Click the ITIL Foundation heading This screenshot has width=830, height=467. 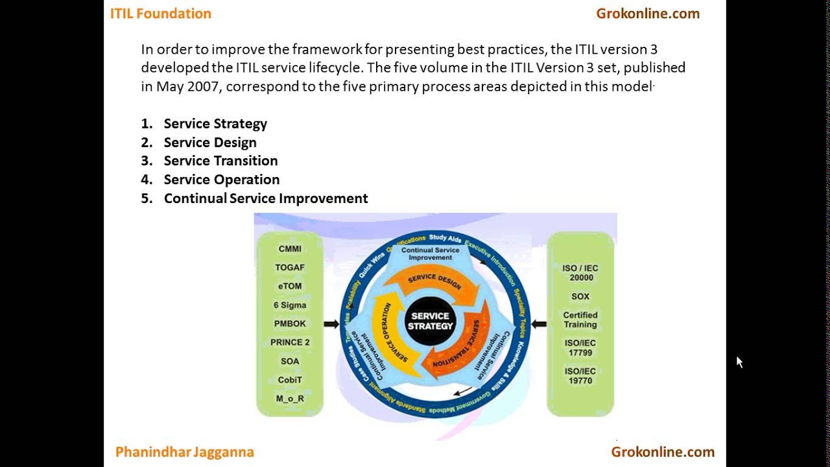click(161, 14)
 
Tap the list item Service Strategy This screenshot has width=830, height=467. click(215, 124)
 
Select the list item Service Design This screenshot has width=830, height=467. click(210, 143)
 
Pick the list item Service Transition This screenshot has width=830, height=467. click(220, 161)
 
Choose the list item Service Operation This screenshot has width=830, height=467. click(222, 180)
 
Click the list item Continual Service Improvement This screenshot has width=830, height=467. click(266, 198)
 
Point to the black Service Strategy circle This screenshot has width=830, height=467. click(431, 322)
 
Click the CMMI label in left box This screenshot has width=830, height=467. click(290, 248)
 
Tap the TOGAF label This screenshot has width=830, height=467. click(290, 267)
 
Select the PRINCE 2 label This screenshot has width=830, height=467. click(290, 342)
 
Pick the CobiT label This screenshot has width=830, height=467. click(290, 380)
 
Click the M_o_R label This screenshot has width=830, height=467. click(290, 398)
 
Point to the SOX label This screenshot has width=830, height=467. click(580, 296)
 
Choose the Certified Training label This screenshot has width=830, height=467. click(580, 320)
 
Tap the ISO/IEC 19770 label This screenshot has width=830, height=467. click(580, 376)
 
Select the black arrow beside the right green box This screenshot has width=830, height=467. click(538, 324)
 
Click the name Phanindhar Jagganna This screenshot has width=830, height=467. click(185, 452)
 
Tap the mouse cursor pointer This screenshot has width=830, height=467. click(739, 361)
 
